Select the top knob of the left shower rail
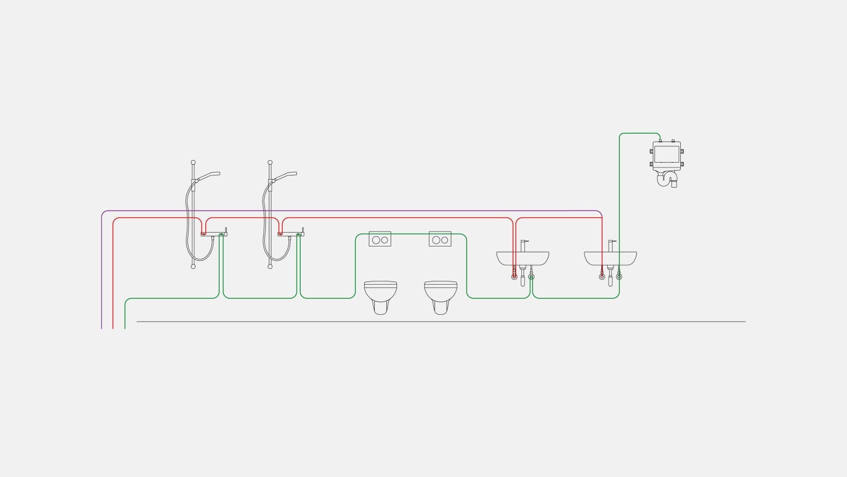click(x=193, y=162)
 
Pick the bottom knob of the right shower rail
click(x=270, y=266)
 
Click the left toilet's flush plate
click(x=380, y=240)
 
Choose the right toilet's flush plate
click(x=440, y=240)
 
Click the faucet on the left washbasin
click(x=524, y=245)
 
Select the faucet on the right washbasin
click(x=611, y=245)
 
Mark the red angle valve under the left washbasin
click(x=514, y=276)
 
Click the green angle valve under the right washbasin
click(x=619, y=276)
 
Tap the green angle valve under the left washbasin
click(x=531, y=276)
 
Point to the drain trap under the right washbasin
click(x=610, y=278)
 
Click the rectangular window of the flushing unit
click(x=666, y=154)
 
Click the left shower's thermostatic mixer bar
click(x=214, y=234)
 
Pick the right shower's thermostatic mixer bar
click(x=291, y=234)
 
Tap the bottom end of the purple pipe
click(x=101, y=328)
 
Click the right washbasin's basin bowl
click(x=610, y=258)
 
